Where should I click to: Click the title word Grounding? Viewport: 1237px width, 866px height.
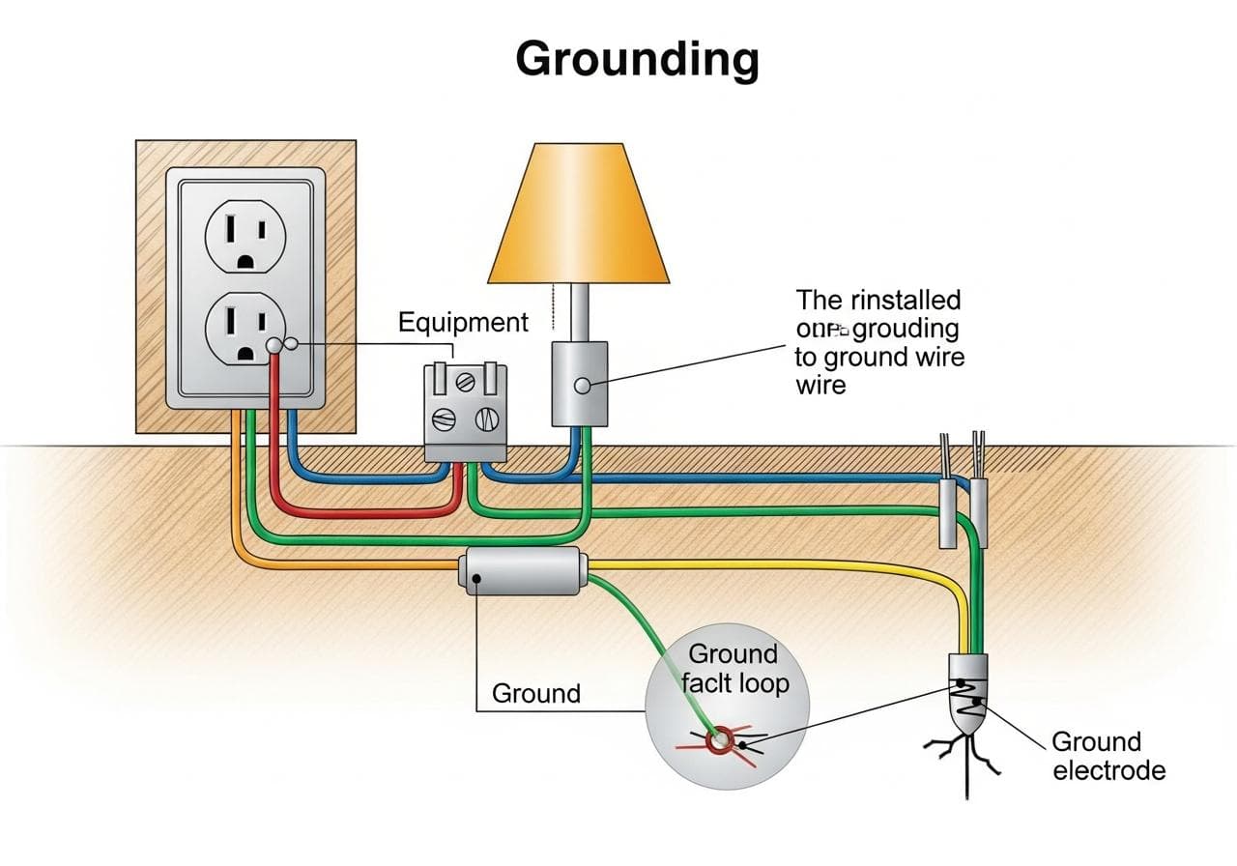click(637, 60)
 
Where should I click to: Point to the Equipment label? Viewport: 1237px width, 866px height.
click(463, 322)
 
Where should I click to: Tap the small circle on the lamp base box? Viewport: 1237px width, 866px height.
click(581, 386)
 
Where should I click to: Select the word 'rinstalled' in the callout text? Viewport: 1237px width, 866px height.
click(905, 300)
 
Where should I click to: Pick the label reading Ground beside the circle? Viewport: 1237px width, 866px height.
click(536, 693)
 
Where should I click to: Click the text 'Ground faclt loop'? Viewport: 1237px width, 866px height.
click(735, 669)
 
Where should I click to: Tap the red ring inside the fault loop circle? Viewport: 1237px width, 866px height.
click(720, 742)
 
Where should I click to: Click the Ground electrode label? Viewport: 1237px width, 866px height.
click(1108, 756)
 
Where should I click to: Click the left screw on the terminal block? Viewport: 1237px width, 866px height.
click(444, 420)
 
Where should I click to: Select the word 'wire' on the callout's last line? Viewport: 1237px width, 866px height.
click(820, 385)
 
